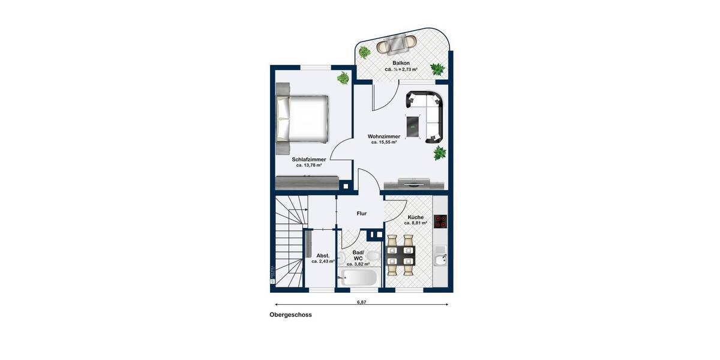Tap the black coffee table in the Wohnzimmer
(x=413, y=127)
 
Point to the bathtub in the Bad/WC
(x=359, y=278)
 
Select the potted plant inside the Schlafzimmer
(x=343, y=77)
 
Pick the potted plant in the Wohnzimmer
(x=440, y=153)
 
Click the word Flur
(x=361, y=213)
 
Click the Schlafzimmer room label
(x=309, y=160)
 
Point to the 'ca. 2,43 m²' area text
(x=323, y=262)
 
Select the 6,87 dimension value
(x=361, y=302)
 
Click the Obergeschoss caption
(x=290, y=314)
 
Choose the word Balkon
(x=401, y=63)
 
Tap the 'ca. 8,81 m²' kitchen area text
(x=415, y=223)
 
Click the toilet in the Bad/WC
(x=373, y=257)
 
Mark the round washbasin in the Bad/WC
(x=342, y=259)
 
